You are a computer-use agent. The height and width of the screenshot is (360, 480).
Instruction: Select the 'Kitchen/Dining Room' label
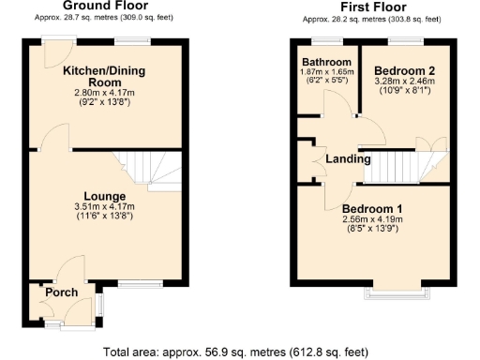pyautogui.click(x=103, y=76)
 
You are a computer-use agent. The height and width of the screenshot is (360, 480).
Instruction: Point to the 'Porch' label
pyautogui.click(x=61, y=292)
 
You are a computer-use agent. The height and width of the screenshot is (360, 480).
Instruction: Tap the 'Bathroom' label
pyautogui.click(x=320, y=62)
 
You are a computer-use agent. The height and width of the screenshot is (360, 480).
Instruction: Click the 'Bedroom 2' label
pyautogui.click(x=405, y=70)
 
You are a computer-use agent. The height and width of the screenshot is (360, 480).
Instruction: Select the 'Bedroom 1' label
pyautogui.click(x=372, y=208)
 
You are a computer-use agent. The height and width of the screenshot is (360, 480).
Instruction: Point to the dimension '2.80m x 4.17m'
pyautogui.click(x=103, y=93)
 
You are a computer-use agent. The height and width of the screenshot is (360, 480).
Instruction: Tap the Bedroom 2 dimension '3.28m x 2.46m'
pyautogui.click(x=405, y=82)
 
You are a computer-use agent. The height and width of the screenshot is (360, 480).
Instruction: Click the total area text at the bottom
pyautogui.click(x=239, y=352)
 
